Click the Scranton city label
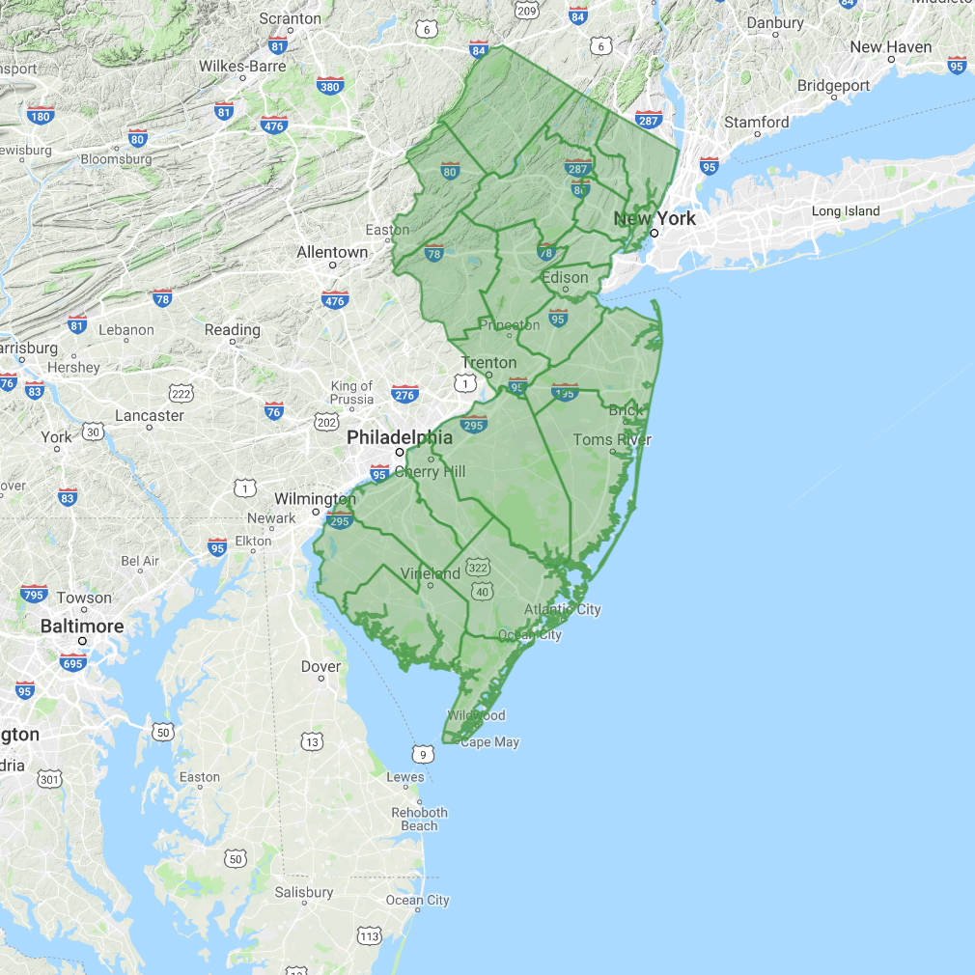tap(291, 18)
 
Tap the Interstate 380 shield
tap(329, 87)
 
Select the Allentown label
tap(332, 252)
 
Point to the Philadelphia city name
tap(400, 437)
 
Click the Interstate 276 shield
tap(404, 394)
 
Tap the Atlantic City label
tap(562, 609)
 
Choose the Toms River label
tap(612, 440)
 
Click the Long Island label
tap(846, 211)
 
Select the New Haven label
tap(891, 47)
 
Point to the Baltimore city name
tap(82, 627)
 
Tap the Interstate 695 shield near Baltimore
tap(72, 662)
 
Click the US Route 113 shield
tap(369, 935)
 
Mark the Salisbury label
tap(303, 892)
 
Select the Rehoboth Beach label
tap(419, 819)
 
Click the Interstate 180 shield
tap(40, 117)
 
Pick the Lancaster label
tap(149, 415)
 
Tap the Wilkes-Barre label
tap(242, 67)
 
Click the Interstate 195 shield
tap(564, 392)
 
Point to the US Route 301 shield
tap(49, 778)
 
